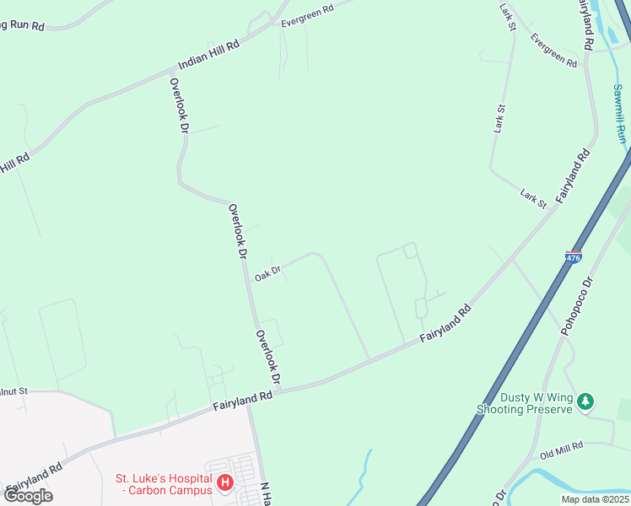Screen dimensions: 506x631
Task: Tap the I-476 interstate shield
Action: [x=574, y=256]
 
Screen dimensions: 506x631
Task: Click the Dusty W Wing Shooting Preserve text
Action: [x=537, y=403]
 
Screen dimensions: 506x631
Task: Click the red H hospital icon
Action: [x=225, y=483]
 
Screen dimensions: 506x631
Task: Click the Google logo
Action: [x=28, y=495]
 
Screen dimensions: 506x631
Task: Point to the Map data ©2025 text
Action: [x=595, y=499]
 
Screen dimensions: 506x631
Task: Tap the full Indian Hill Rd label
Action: [x=209, y=53]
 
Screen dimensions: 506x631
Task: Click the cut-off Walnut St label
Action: [x=14, y=391]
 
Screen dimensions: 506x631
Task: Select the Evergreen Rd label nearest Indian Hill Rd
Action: [x=307, y=14]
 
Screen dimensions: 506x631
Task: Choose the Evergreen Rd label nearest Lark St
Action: [x=553, y=50]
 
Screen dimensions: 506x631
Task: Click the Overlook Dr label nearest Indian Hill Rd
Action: [x=179, y=106]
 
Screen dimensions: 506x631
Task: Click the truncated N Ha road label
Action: [x=265, y=493]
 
